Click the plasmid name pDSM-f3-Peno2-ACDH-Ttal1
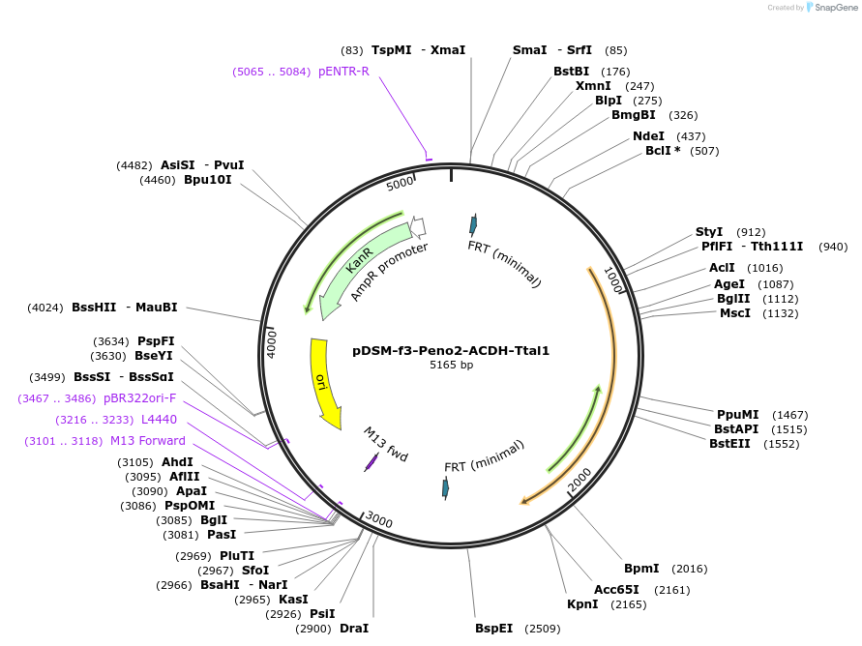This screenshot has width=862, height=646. pos(451,350)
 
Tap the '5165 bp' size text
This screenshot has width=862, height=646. pos(451,366)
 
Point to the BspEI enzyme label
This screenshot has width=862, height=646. pos(493,629)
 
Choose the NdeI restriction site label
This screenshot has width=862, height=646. pos(648,136)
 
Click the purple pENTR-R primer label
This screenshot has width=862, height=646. pos(343,72)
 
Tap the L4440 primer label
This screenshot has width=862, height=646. pos(159,420)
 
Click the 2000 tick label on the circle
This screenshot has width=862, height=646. pos(580,479)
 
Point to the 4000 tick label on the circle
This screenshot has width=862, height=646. pos(272,344)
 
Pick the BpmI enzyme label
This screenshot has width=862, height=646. pos(641,569)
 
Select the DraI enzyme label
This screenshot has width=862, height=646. pos(353,629)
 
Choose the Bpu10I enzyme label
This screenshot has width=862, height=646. pos(208,180)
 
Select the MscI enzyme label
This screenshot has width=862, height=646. pos(734,313)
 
